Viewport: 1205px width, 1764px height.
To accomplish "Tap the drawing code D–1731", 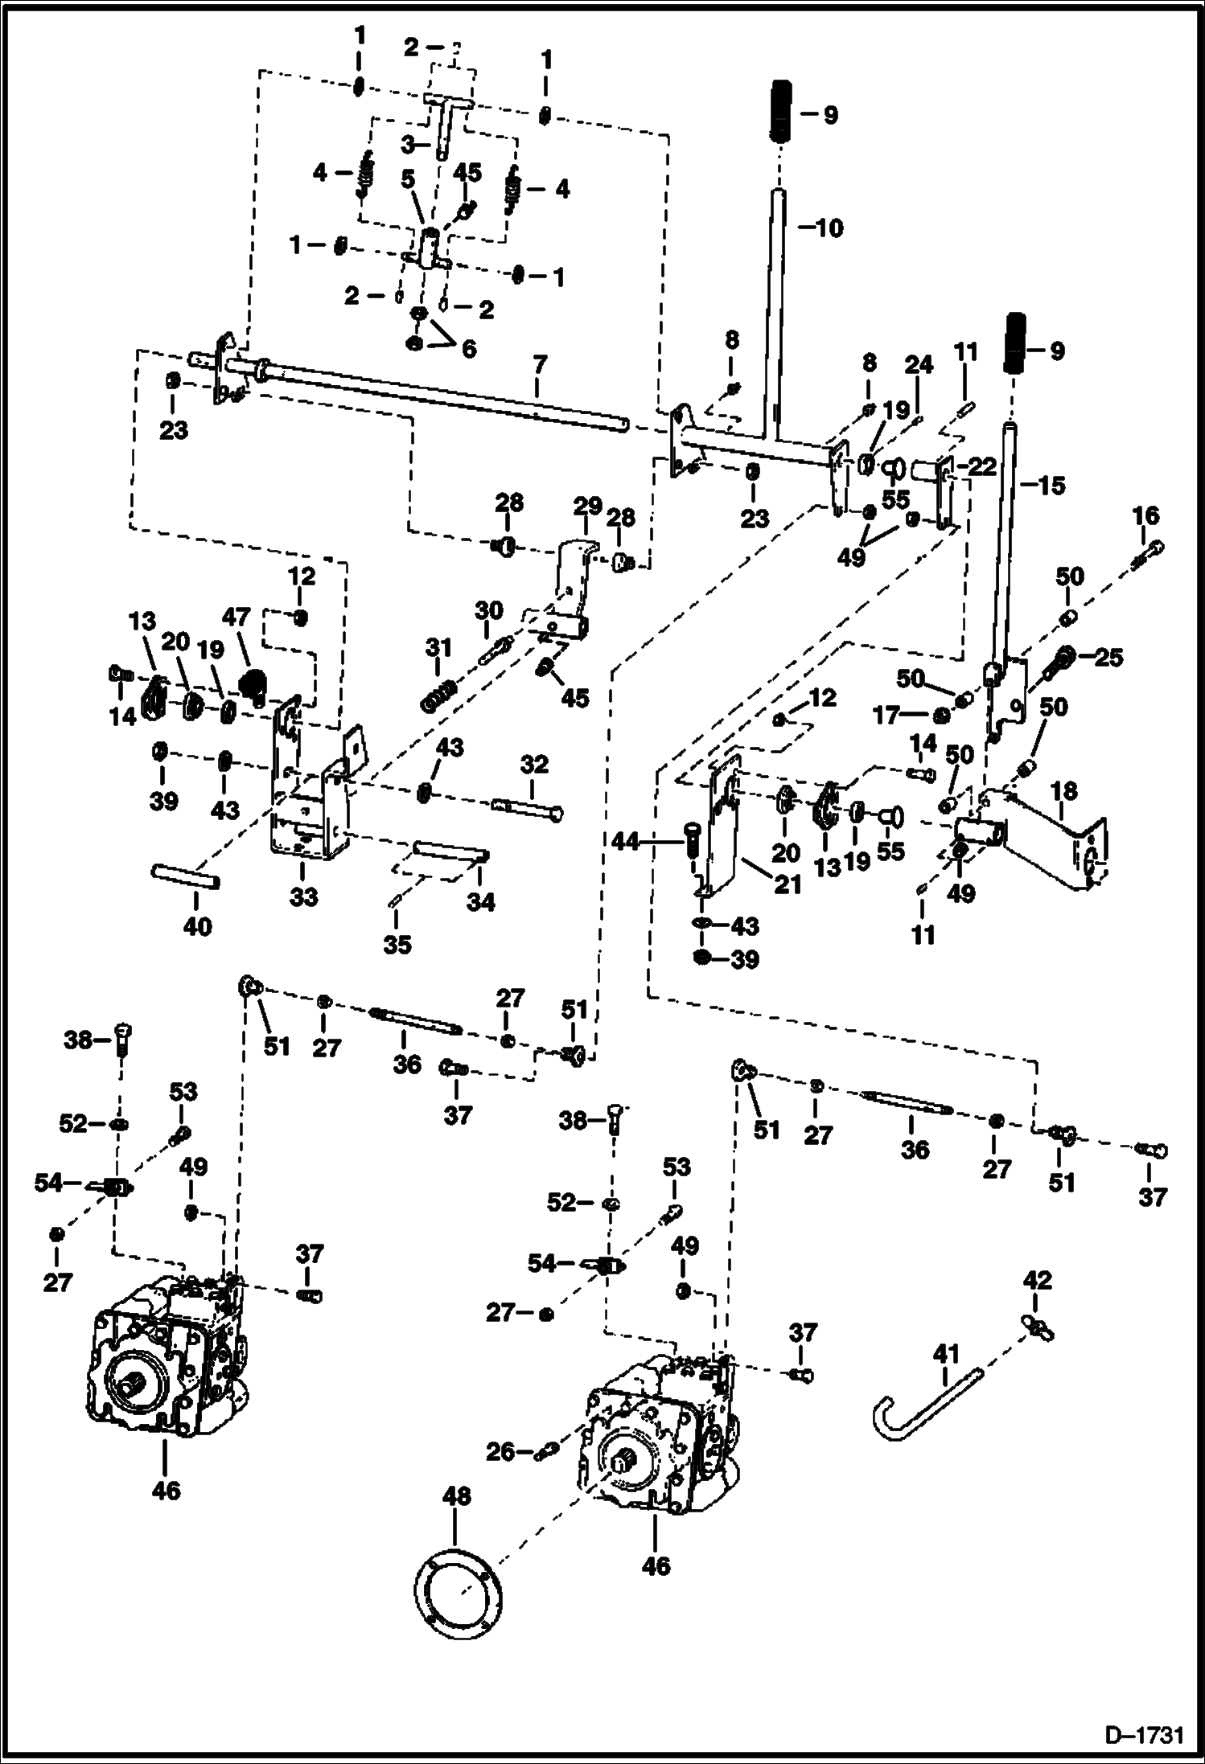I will (x=1143, y=1734).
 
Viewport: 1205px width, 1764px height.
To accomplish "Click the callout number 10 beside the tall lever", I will (x=824, y=228).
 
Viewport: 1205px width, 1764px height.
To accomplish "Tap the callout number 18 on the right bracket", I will (x=1064, y=791).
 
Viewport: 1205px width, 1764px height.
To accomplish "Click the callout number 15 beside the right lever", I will (x=1051, y=486).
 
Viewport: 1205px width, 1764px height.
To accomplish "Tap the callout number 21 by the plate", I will (x=788, y=884).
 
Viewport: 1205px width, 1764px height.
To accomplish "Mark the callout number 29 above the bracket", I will (x=588, y=507).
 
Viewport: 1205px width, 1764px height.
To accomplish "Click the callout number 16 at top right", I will (x=1146, y=515).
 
